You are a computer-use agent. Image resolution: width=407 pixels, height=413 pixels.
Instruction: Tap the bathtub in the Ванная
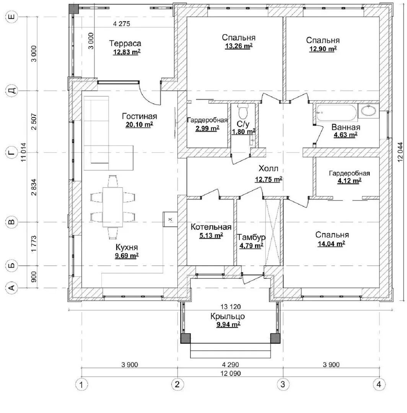(336, 113)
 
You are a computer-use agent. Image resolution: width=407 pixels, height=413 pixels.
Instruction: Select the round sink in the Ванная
(368, 111)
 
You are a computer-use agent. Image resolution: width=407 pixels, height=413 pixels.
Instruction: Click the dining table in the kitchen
(112, 207)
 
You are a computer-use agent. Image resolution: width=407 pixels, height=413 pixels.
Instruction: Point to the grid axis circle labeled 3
(283, 384)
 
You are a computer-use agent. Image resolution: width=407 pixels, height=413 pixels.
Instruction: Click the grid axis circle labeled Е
(11, 17)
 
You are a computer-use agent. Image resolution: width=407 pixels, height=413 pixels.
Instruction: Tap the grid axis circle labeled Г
(11, 153)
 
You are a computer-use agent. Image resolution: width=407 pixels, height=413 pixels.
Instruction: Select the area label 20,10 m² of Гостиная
(139, 125)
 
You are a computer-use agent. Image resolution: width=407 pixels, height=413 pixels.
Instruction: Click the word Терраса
(125, 43)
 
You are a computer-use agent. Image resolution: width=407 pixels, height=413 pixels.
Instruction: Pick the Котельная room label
(211, 227)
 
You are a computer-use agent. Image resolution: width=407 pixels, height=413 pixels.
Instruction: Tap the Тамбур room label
(251, 237)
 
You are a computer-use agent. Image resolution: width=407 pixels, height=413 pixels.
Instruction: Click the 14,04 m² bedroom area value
(331, 244)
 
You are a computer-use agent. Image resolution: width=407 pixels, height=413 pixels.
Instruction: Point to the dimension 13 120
(231, 307)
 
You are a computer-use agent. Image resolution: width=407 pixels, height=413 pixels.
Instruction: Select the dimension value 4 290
(230, 364)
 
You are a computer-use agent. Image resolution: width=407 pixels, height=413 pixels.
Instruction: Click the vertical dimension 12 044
(400, 152)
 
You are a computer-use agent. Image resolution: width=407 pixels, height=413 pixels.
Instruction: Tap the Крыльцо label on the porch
(228, 316)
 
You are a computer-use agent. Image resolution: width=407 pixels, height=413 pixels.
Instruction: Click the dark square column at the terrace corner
(73, 9)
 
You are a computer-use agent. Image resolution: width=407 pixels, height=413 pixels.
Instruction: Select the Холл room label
(268, 168)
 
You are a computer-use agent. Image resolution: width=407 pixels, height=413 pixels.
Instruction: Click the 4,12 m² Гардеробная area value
(349, 180)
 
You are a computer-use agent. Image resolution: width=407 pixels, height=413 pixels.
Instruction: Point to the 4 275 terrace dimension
(121, 24)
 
